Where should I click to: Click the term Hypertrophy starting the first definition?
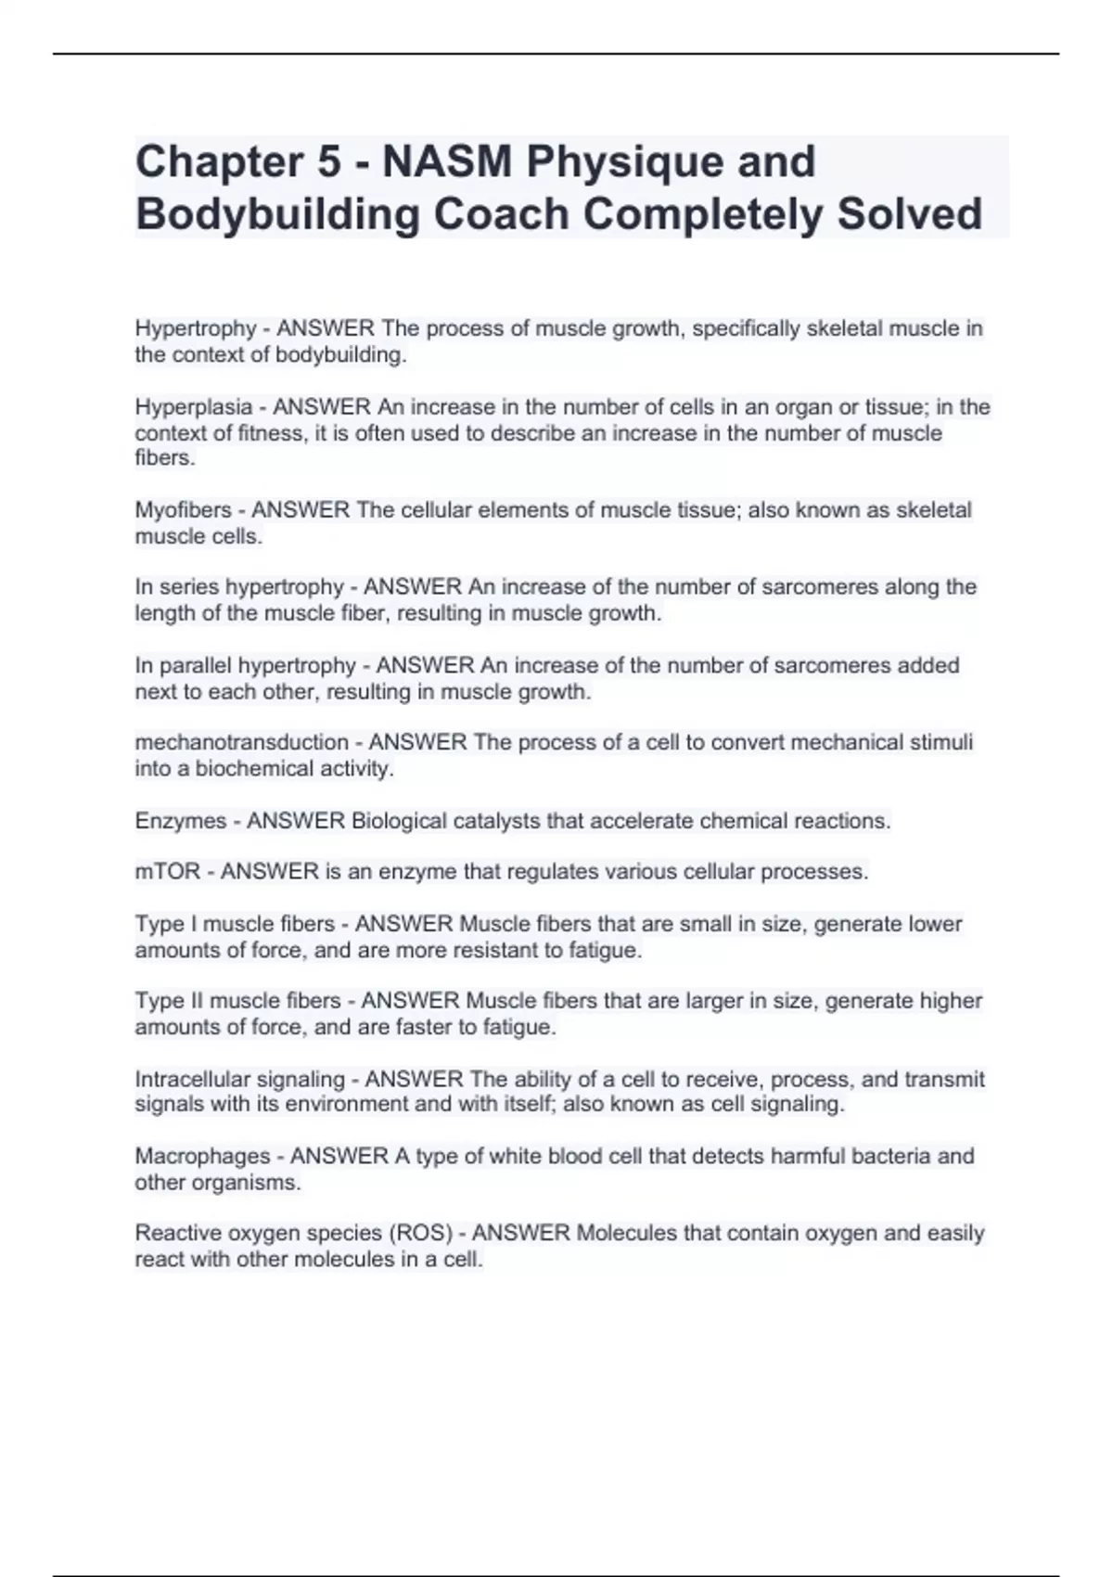coord(195,328)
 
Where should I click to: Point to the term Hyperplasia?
coord(193,407)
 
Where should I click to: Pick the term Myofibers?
coord(183,510)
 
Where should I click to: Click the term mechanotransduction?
coord(241,742)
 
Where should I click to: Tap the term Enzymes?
coord(180,821)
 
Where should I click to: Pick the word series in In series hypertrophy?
coord(189,587)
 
